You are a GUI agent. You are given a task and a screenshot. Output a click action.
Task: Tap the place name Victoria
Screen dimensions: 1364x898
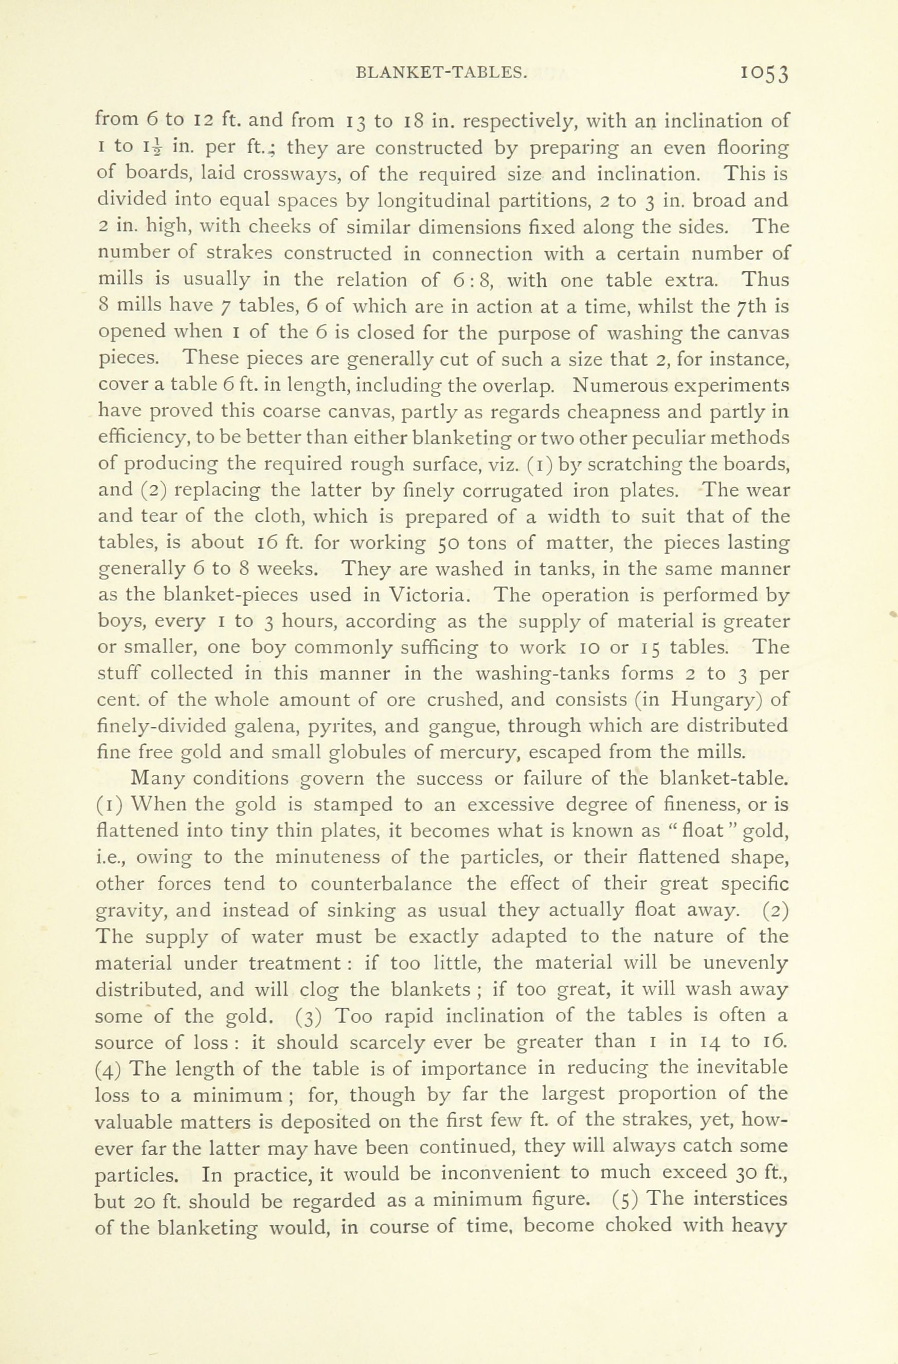[x=429, y=595]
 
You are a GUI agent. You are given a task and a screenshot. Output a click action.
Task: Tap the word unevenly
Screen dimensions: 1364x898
[x=745, y=963]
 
